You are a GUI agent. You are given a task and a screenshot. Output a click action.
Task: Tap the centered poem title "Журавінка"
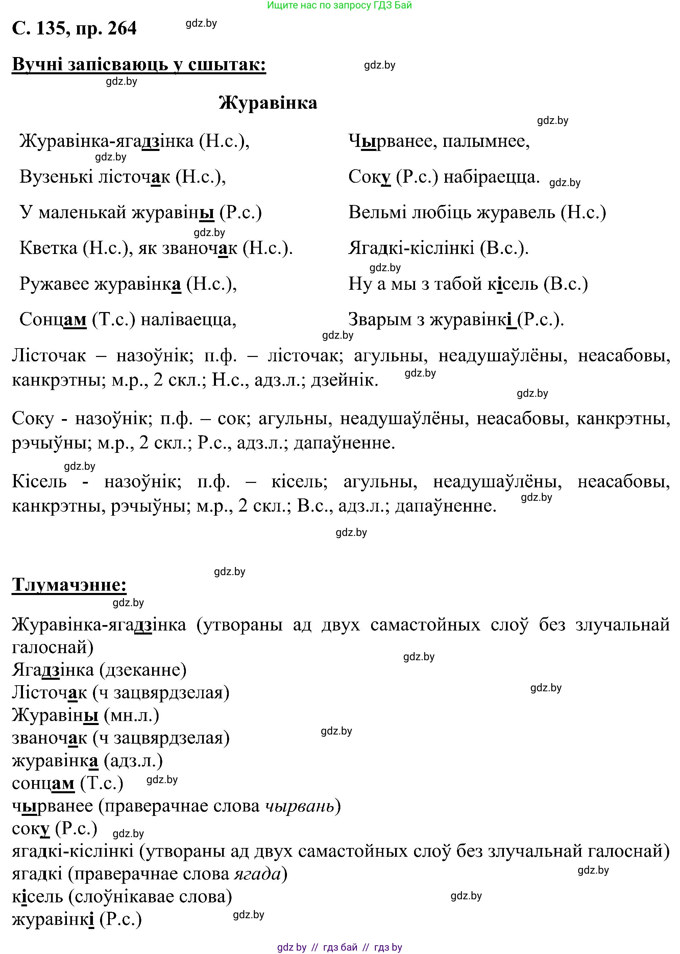tap(268, 103)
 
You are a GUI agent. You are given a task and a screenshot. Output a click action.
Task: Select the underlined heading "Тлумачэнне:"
tap(69, 585)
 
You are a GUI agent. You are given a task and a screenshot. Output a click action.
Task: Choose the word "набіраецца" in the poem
tap(491, 177)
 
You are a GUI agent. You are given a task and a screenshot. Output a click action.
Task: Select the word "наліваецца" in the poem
tap(189, 320)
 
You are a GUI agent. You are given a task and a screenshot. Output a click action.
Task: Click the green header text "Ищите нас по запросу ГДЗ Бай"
tap(339, 5)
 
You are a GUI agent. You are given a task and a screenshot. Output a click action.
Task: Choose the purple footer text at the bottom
tap(339, 944)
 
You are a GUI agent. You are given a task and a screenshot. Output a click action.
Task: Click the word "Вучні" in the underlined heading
tap(36, 65)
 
